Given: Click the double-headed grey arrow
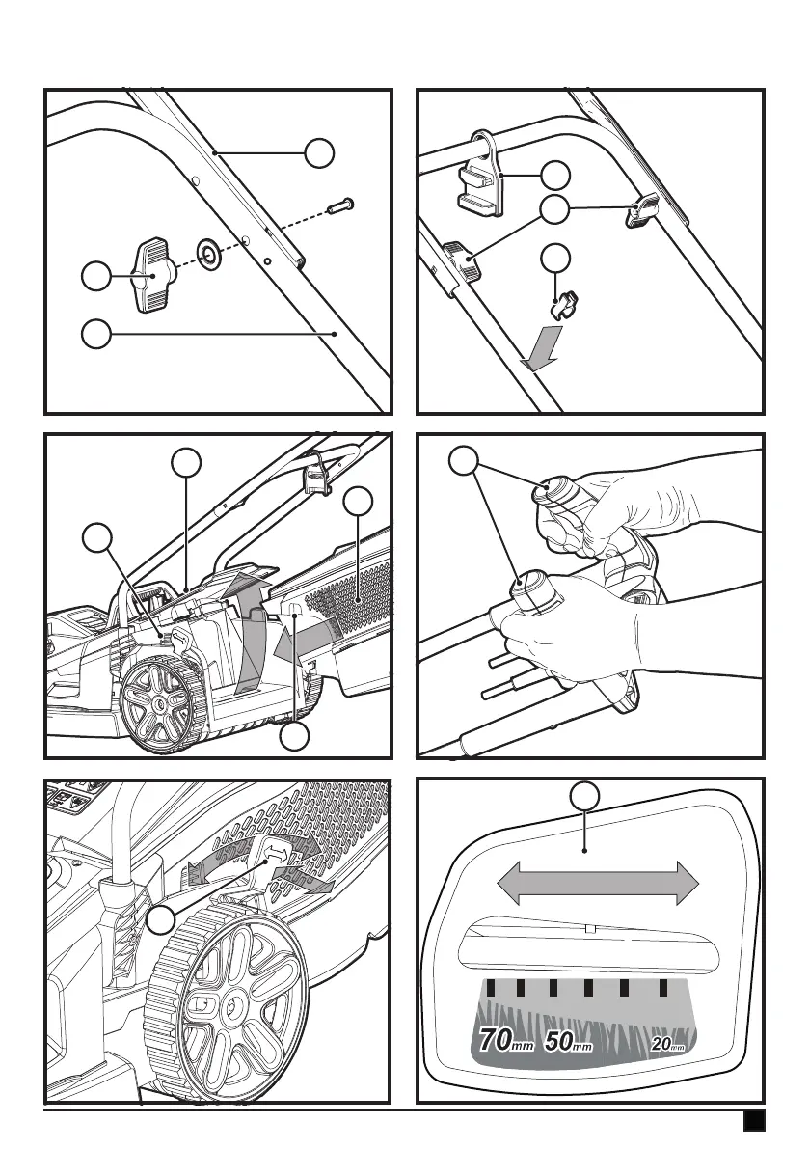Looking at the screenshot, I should click(x=597, y=882).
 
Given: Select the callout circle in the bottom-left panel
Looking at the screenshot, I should click(x=160, y=920).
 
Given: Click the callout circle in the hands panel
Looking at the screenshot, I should click(x=466, y=459).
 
